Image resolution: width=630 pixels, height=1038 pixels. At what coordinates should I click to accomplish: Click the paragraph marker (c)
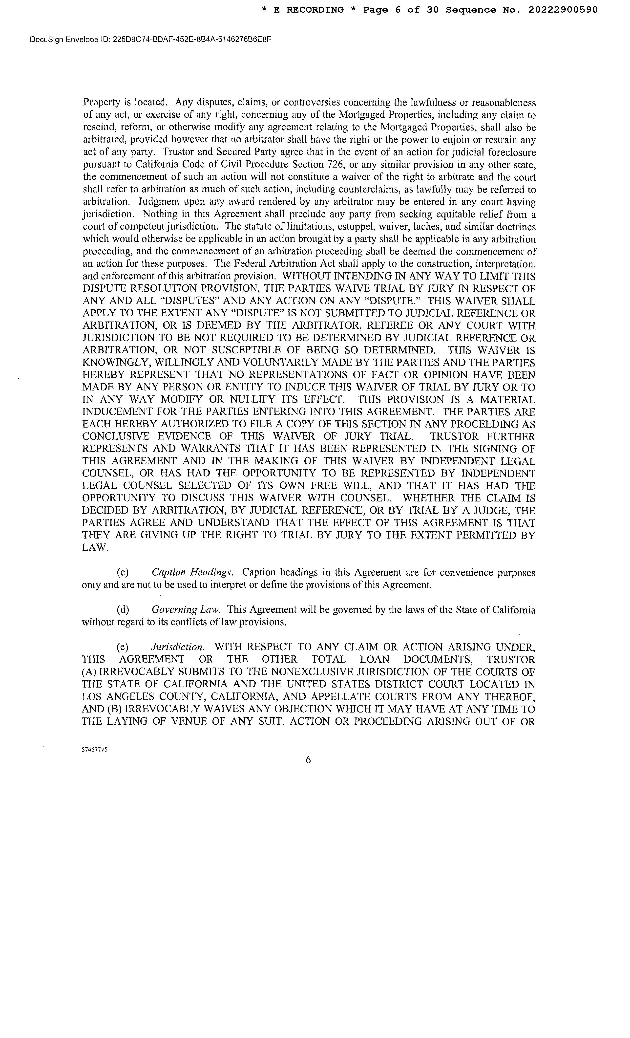[123, 572]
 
